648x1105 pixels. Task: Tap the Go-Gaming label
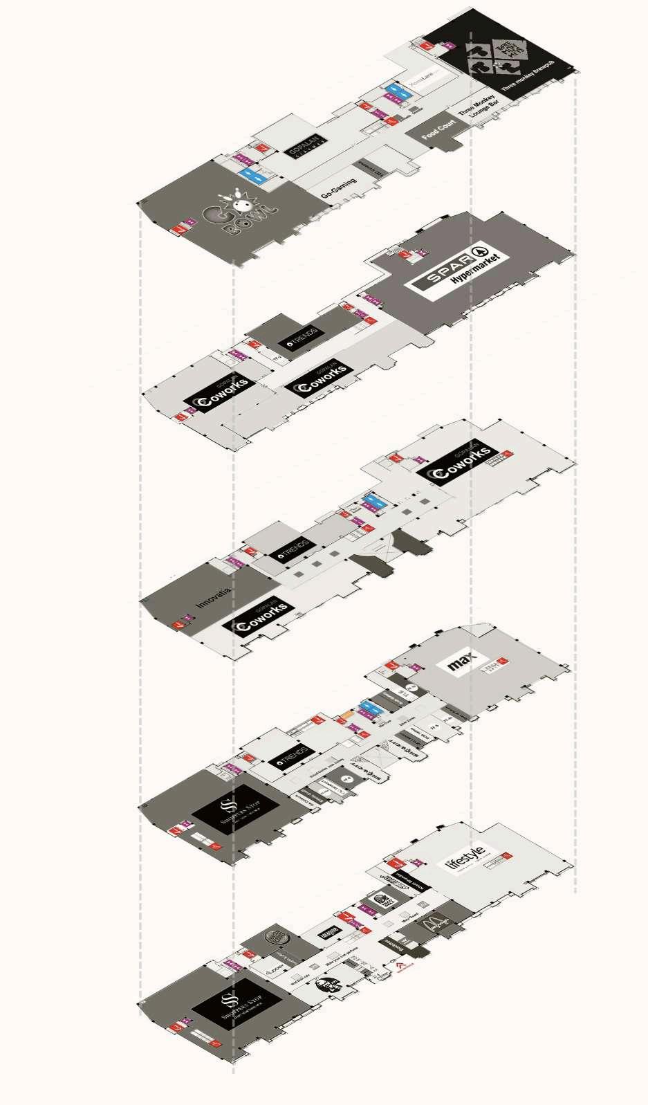coord(339,189)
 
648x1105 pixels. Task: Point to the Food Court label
coord(438,129)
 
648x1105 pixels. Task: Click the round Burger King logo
coord(277,938)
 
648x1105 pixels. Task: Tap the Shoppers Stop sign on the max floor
coord(235,812)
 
